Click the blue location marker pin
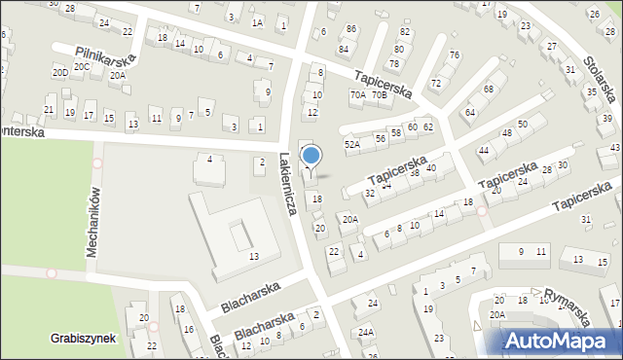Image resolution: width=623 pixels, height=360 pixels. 311,156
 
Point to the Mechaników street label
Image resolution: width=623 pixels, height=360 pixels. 93,221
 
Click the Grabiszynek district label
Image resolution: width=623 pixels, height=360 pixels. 84,339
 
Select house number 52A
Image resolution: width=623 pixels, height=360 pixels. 352,144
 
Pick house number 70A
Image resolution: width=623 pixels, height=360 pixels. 358,95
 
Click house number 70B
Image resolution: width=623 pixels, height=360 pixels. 379,94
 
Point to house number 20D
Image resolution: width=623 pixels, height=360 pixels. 60,72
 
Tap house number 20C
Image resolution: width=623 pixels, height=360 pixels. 81,66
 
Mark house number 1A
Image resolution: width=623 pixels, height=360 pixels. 257,22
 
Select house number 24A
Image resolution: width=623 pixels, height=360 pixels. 365,332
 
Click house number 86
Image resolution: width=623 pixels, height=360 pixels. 350,29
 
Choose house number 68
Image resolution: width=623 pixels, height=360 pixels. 488,90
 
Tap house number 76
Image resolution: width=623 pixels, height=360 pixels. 454,55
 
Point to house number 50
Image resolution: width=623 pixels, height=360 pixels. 522,124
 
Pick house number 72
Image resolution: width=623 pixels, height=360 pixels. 436,83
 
